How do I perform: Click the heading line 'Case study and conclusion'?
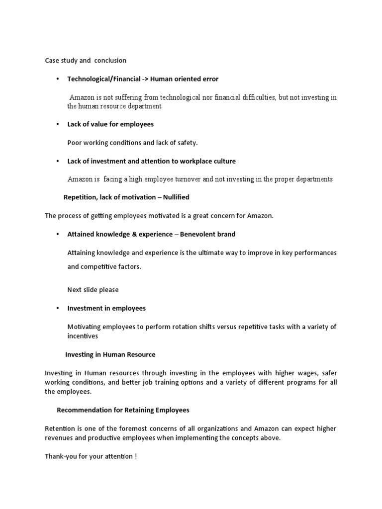(x=86, y=61)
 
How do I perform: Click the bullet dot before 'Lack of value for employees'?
(x=58, y=124)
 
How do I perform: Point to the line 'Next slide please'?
(x=93, y=290)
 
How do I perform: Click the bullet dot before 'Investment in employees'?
(x=58, y=308)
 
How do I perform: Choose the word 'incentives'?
(x=83, y=336)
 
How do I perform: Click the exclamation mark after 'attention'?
(x=135, y=456)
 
